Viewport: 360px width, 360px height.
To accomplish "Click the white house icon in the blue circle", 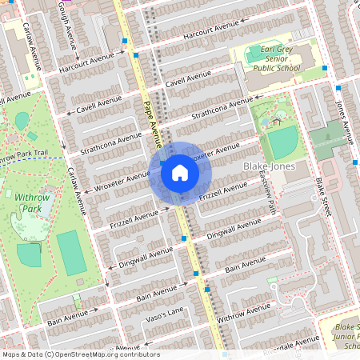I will [179, 173].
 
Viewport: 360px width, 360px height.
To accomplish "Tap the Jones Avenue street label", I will [343, 121].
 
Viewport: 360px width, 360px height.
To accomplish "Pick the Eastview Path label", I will [270, 195].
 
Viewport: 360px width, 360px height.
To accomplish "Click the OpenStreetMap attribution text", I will [80, 354].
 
